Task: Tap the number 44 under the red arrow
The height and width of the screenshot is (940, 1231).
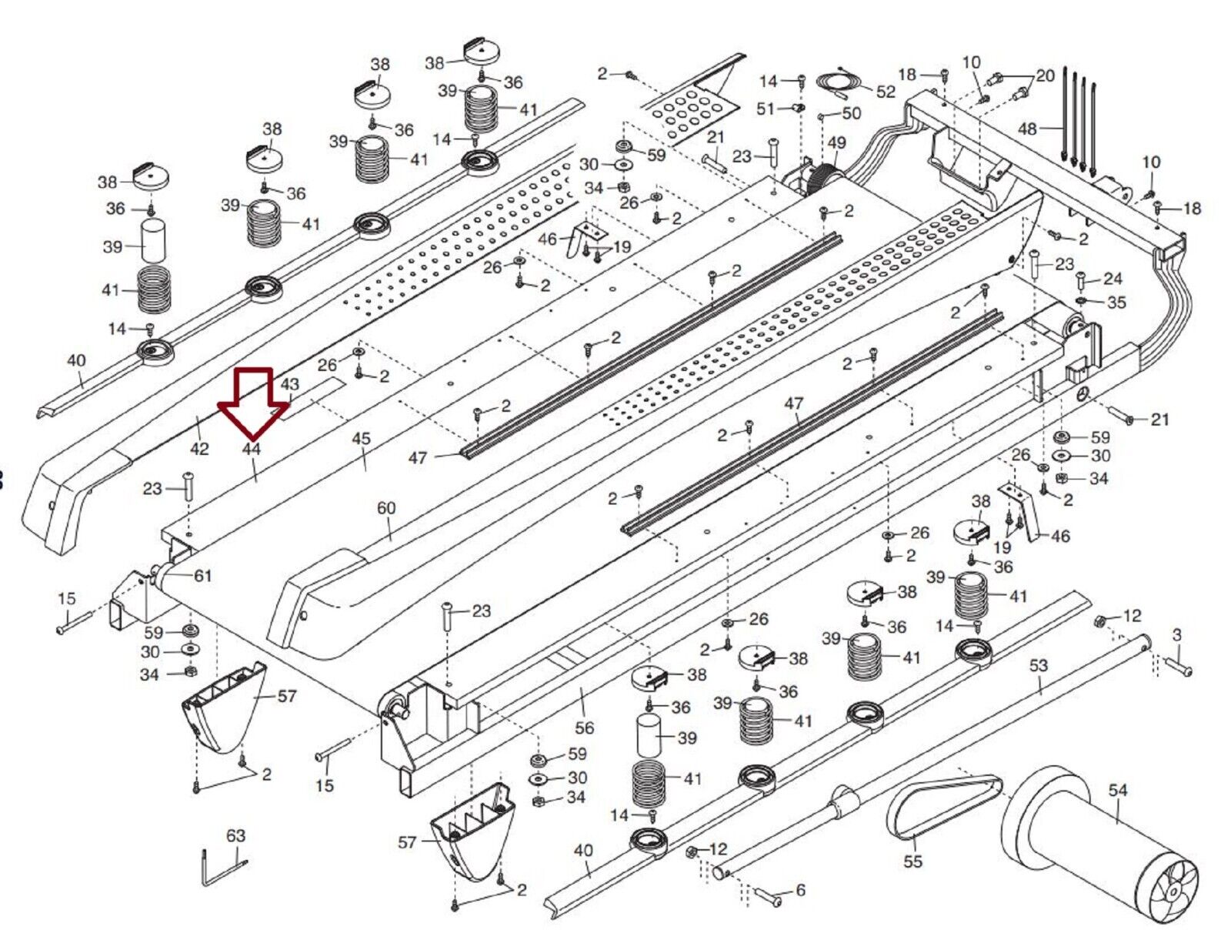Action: coord(252,449)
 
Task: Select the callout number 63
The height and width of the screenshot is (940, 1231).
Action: coord(235,835)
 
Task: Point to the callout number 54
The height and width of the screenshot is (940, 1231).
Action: coord(1118,790)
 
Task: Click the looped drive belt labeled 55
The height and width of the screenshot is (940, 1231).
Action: coord(942,805)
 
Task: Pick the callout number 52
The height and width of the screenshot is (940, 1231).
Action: coord(886,92)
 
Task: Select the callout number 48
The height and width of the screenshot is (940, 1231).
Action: coord(1027,129)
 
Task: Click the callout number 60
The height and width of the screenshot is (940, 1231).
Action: coord(386,508)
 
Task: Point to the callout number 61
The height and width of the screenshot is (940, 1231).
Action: coord(202,576)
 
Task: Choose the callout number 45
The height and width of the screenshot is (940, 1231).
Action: coord(361,439)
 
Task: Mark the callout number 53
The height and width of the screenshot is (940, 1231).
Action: coord(1039,665)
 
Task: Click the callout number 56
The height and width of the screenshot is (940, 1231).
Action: coord(585,728)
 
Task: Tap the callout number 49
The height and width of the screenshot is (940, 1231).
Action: coord(836,143)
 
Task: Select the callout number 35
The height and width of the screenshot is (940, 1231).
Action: coord(1116,303)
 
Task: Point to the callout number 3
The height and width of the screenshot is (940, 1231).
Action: coord(1176,635)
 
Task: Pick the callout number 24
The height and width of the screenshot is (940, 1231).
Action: coord(1113,279)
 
